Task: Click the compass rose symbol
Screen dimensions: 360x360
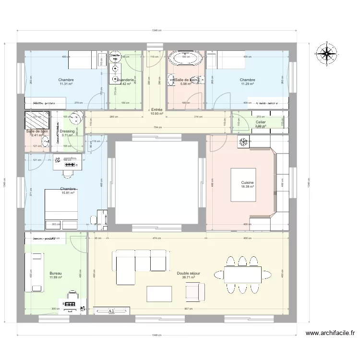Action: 327,53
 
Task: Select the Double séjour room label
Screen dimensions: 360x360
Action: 188,273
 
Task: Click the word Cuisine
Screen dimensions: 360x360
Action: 248,182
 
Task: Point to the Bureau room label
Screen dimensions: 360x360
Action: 56,273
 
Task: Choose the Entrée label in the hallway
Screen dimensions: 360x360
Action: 156,109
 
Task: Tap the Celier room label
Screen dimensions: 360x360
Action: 261,122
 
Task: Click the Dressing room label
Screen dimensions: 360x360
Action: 67,131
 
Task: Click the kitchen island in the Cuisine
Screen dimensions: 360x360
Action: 248,184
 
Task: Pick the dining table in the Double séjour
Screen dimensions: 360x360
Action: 243,275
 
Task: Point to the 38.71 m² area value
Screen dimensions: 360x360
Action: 188,277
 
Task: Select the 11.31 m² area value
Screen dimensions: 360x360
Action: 66,84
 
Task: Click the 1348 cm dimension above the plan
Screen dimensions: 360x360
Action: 156,31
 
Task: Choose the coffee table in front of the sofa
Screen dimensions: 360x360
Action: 159,292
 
